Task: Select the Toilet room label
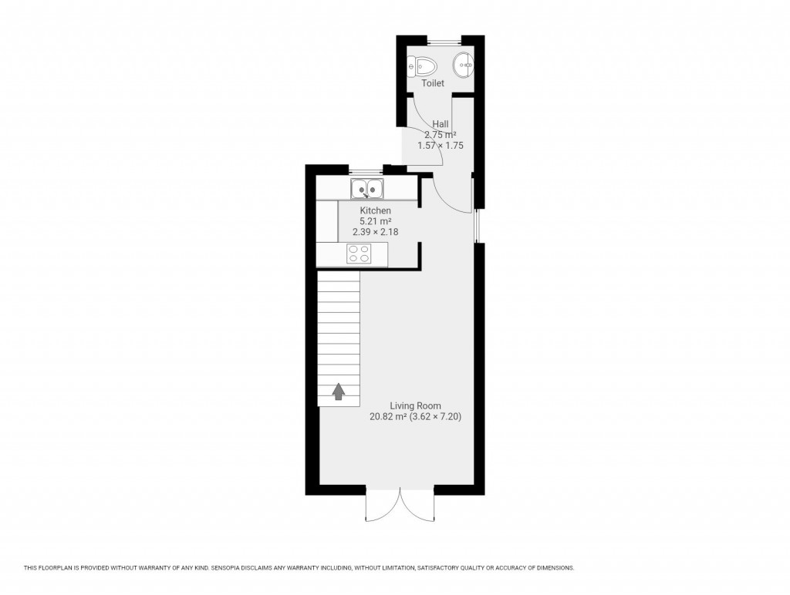point(433,83)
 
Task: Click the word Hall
point(441,123)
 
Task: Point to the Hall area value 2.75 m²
point(441,134)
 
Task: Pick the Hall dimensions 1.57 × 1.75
point(441,145)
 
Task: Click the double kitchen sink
point(367,187)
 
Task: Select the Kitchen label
point(376,210)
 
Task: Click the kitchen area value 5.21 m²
point(376,220)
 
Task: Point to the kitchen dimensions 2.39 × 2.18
point(376,230)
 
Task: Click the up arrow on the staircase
point(339,392)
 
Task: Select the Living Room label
point(416,405)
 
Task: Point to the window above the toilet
point(441,39)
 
